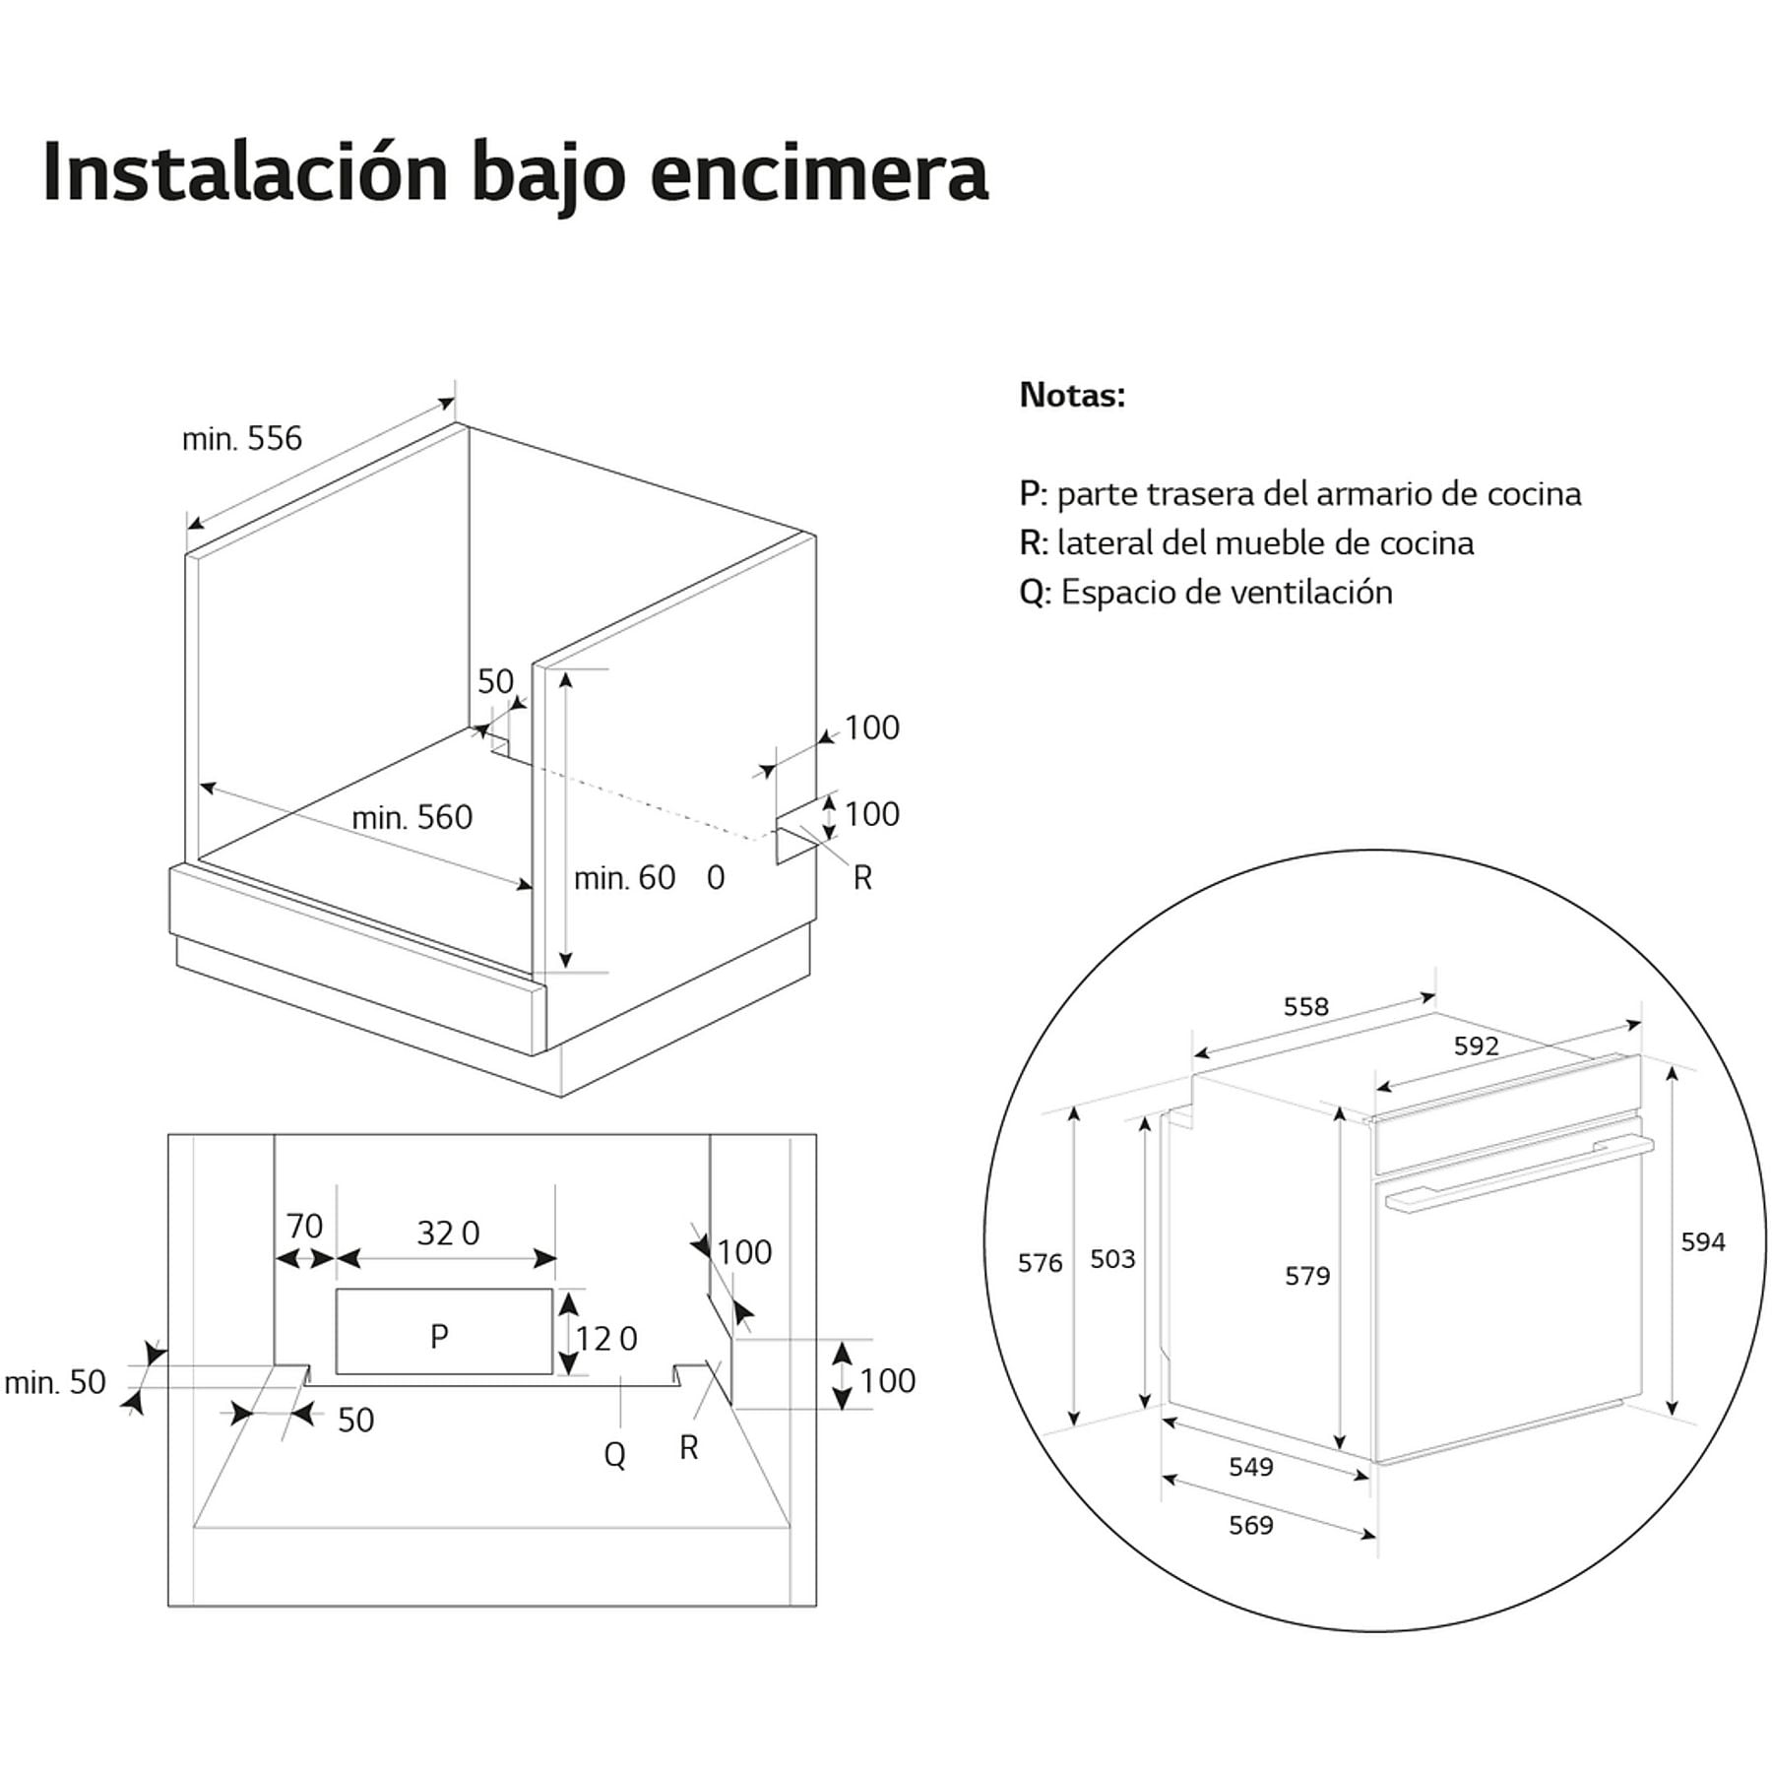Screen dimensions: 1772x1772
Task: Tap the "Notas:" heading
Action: [x=1072, y=395]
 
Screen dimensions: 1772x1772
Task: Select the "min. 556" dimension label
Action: [x=242, y=438]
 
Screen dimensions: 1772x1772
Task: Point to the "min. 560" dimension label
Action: [x=411, y=817]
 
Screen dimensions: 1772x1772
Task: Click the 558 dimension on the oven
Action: [x=1305, y=1006]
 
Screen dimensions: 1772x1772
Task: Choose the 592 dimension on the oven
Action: [x=1476, y=1045]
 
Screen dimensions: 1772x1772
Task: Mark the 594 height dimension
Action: [x=1702, y=1241]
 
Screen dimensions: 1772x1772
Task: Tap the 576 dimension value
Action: [x=1040, y=1262]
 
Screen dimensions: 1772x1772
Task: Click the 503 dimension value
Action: [x=1112, y=1258]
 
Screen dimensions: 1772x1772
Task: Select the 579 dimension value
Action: [x=1306, y=1276]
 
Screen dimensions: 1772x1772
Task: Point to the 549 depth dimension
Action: [x=1250, y=1467]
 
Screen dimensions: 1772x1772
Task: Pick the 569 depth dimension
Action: [x=1250, y=1525]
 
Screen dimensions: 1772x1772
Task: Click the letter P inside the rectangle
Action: [x=439, y=1336]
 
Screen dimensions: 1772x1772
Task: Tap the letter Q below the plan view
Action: [x=614, y=1454]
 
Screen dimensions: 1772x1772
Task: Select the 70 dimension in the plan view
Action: [x=304, y=1226]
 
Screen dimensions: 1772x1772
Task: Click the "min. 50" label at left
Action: [x=55, y=1382]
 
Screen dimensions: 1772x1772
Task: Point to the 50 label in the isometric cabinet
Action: [x=495, y=680]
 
